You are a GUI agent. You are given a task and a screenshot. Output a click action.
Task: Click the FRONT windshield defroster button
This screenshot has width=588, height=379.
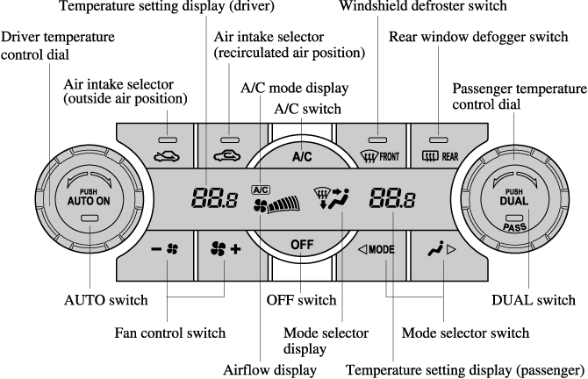(x=378, y=147)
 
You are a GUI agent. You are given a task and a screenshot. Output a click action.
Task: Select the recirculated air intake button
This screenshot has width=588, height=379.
(x=230, y=147)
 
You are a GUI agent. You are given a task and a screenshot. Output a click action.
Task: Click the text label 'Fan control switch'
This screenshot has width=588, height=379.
(x=170, y=333)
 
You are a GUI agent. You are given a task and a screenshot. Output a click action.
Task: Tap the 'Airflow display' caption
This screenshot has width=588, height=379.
(x=271, y=370)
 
